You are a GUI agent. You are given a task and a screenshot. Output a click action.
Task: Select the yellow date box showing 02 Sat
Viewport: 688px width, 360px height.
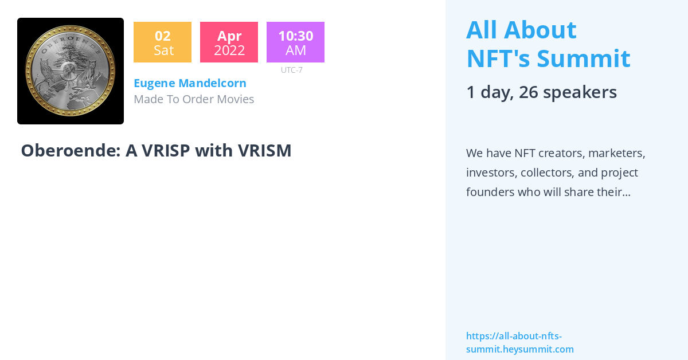point(162,42)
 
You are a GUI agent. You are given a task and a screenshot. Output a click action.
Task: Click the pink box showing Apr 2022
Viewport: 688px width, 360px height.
point(229,42)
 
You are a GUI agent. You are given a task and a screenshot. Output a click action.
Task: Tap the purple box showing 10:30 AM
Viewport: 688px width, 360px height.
point(295,42)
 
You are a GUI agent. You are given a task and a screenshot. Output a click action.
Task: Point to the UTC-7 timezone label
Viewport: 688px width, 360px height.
point(292,70)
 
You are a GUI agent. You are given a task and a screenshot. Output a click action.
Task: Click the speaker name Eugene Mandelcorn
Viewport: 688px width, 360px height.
point(190,83)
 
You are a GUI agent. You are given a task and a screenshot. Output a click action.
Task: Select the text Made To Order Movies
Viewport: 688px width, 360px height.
point(194,99)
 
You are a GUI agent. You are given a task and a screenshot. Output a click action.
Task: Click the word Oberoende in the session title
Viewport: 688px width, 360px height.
point(70,151)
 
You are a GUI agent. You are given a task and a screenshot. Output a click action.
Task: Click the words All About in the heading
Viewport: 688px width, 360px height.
point(521,30)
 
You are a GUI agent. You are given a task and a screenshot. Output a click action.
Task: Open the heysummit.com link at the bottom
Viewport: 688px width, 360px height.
point(519,343)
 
